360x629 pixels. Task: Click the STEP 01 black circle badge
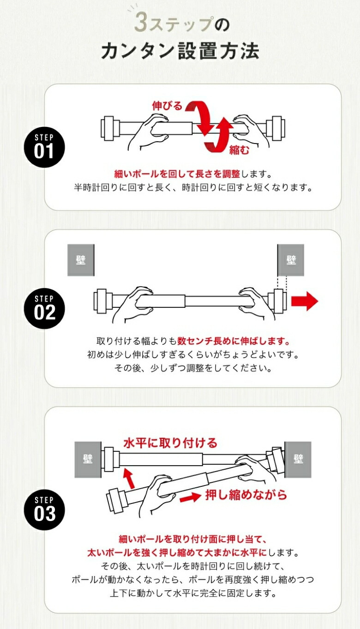(x=44, y=147)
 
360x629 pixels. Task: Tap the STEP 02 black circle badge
(x=44, y=309)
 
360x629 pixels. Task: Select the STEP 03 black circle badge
(x=44, y=510)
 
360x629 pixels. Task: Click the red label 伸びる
(x=168, y=106)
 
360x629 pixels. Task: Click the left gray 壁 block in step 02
(x=81, y=260)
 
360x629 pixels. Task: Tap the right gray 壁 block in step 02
(x=291, y=260)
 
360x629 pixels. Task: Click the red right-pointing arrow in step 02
(x=305, y=301)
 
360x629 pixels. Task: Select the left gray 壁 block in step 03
(x=88, y=459)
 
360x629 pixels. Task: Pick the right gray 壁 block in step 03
(x=298, y=459)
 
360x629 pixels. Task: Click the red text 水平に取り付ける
(x=170, y=443)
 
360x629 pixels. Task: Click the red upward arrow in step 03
(x=129, y=478)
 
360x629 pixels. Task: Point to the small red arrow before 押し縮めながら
(x=190, y=497)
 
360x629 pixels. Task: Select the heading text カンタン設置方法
(x=180, y=51)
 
